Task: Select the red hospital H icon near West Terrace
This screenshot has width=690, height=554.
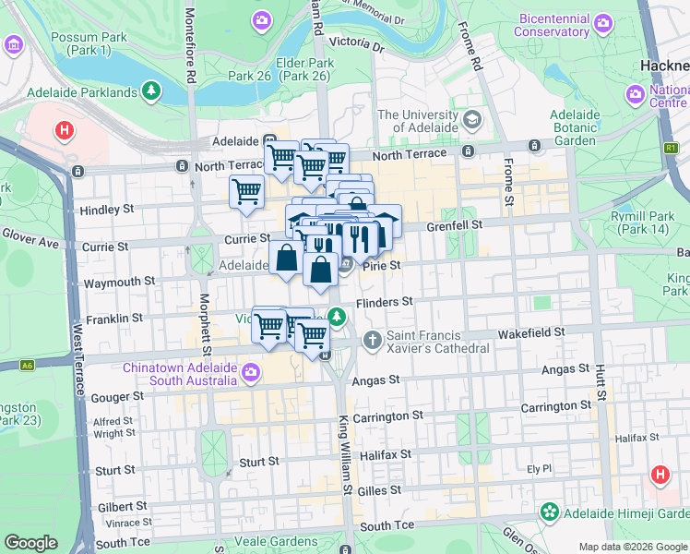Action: point(63,131)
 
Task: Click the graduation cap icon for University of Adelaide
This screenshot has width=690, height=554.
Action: point(472,120)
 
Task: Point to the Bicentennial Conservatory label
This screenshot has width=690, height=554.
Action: point(540,25)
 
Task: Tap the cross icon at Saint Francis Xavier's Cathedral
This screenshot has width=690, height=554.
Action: point(373,340)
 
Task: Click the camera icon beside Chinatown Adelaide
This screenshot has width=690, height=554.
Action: point(253,371)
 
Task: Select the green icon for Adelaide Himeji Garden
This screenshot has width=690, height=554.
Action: point(550,511)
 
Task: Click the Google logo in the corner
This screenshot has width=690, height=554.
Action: point(30,543)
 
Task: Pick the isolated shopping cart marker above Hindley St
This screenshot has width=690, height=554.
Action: point(246,192)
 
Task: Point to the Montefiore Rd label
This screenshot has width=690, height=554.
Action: point(190,43)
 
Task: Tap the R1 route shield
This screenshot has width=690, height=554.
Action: point(671,147)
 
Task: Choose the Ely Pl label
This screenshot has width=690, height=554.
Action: point(539,468)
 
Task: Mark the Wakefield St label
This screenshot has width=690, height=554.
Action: point(529,331)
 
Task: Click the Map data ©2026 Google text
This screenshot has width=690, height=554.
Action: point(632,547)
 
